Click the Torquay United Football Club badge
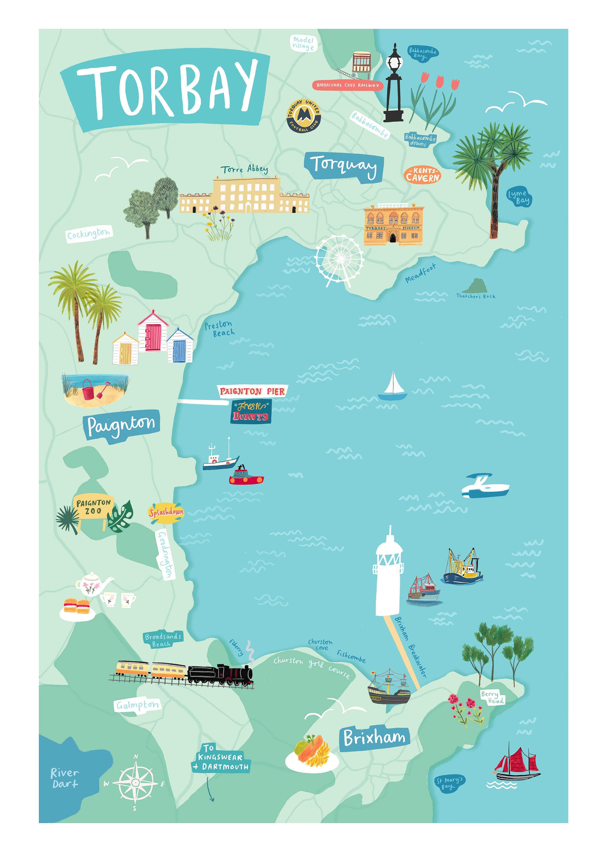[304, 116]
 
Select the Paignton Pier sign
[252, 391]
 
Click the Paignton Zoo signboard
[93, 507]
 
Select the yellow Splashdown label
[166, 513]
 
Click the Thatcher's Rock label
[476, 296]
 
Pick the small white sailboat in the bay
[392, 388]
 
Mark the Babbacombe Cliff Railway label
[347, 85]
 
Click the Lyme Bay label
[519, 196]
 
